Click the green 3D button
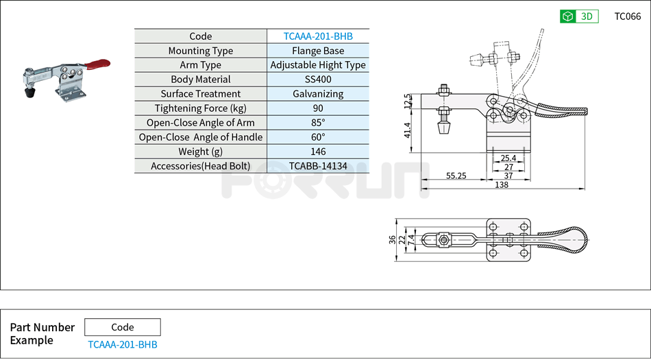[x=579, y=16]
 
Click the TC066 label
[x=627, y=16]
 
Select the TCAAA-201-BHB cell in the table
[x=318, y=36]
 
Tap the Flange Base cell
[x=318, y=51]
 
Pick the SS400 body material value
[x=318, y=80]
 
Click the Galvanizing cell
[x=318, y=94]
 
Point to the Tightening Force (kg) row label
[x=200, y=108]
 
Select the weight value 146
[x=318, y=152]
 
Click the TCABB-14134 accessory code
[x=318, y=166]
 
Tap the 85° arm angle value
[x=318, y=123]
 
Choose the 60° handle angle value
[x=318, y=137]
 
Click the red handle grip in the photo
[x=97, y=65]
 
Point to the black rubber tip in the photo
[x=30, y=91]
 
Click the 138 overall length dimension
[x=502, y=185]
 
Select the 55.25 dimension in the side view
[x=456, y=176]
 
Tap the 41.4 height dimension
[x=408, y=130]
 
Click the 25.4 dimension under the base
[x=508, y=158]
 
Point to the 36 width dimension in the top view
[x=393, y=239]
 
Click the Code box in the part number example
[x=123, y=327]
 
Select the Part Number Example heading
[x=42, y=334]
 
